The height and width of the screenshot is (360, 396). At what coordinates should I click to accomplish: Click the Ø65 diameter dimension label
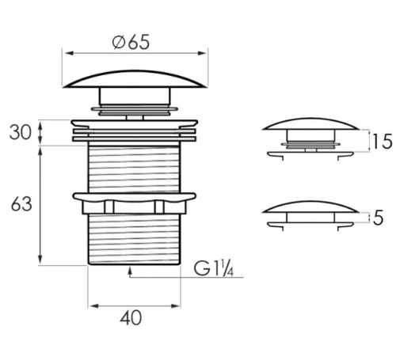pos(131,42)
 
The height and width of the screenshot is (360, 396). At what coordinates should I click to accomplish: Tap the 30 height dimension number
pos(20,132)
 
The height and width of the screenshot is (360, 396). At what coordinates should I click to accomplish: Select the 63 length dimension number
pos(21,204)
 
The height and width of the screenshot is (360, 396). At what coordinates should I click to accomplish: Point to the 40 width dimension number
pos(131,318)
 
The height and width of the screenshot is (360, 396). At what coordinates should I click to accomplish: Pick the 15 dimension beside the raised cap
pos(382,142)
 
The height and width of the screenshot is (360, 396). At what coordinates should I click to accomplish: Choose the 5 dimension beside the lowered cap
pos(378,218)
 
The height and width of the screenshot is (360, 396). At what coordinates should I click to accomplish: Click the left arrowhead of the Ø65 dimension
pos(69,53)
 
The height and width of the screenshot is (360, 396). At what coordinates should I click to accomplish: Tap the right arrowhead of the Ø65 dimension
pos(202,53)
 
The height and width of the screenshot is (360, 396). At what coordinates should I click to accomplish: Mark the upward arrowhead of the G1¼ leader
pos(130,270)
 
